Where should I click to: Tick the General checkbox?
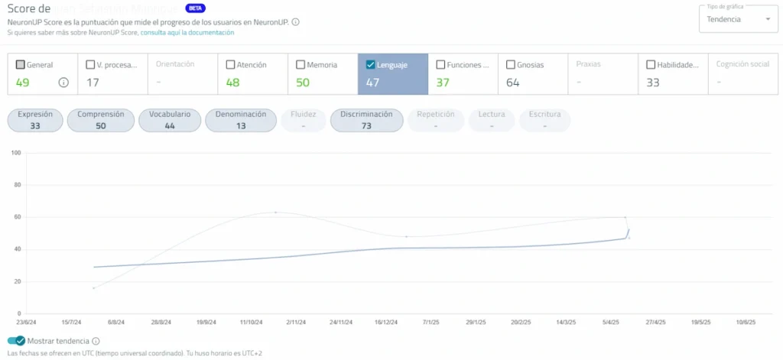[x=20, y=65]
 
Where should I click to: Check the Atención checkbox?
[x=231, y=65]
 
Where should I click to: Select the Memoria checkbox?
[x=301, y=65]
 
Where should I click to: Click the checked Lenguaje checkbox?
[x=371, y=65]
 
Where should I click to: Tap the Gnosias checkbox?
[x=511, y=65]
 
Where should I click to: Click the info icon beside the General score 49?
[x=63, y=83]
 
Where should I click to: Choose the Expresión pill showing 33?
[x=35, y=120]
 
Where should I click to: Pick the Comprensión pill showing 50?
[x=101, y=120]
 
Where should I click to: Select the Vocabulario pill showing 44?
[x=170, y=120]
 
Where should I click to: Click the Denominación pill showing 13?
[x=241, y=120]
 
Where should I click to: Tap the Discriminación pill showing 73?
[x=366, y=120]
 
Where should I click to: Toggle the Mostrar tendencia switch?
[x=16, y=341]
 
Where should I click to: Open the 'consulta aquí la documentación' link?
[x=187, y=33]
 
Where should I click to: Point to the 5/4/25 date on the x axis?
[x=611, y=323]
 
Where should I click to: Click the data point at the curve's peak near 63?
[x=276, y=212]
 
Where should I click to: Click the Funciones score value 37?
[x=443, y=83]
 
